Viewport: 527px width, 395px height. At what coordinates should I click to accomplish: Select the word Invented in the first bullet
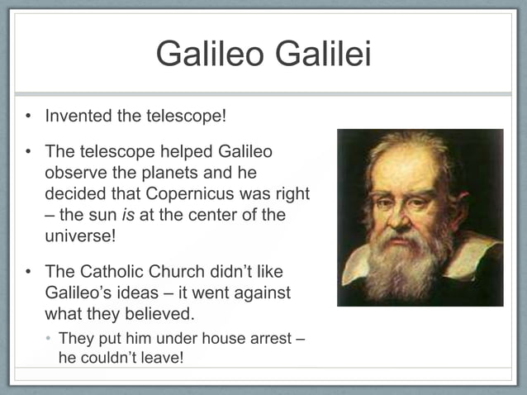click(x=78, y=116)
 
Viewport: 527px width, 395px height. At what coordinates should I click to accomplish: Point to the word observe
click(x=75, y=174)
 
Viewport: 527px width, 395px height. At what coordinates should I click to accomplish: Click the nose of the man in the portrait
click(x=398, y=219)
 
